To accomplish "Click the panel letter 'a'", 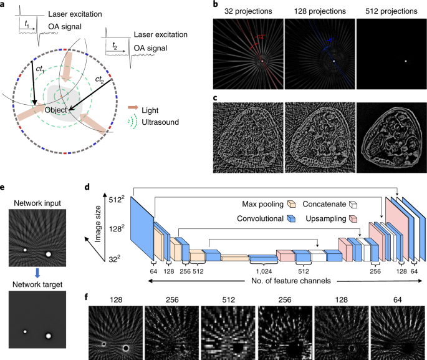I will tap(4, 5).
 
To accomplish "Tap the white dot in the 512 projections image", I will tap(406, 61).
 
